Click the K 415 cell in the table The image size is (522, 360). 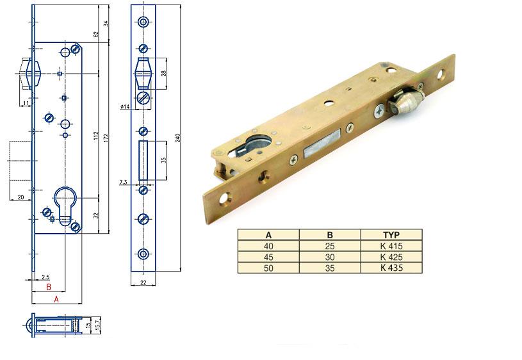391,246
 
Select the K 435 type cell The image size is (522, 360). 391,268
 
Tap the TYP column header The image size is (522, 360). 391,235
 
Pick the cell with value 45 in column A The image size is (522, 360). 268,257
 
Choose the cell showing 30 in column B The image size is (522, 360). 330,257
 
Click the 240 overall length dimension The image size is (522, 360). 178,138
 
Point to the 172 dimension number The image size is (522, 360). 106,138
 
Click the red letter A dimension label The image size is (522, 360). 56,299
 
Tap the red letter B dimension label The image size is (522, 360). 48,287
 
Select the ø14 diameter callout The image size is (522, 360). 125,106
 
